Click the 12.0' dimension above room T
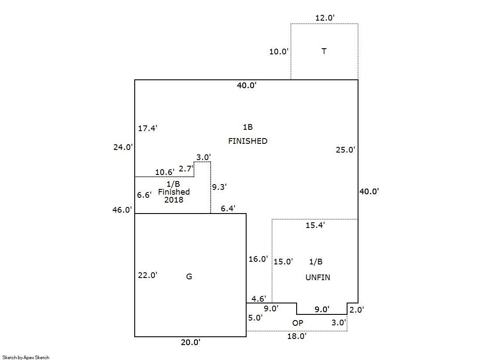coord(325,18)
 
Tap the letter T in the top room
coord(324,51)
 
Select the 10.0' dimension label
coord(279,52)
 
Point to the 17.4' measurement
coord(147,128)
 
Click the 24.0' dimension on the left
coord(123,147)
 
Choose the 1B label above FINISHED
coord(247,127)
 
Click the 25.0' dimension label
coord(345,150)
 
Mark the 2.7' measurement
coord(186,168)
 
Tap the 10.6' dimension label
coord(165,172)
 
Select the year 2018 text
coord(174,200)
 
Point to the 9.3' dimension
coord(219,187)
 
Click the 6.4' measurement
coord(228,209)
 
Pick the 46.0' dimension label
coord(122,210)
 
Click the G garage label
coord(189,277)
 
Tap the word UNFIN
coord(318,277)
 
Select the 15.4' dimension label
coord(315,225)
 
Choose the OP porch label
coord(297,323)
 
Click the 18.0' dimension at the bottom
coord(297,336)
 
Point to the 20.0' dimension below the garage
coord(190,342)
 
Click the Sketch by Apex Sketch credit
coord(26,357)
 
